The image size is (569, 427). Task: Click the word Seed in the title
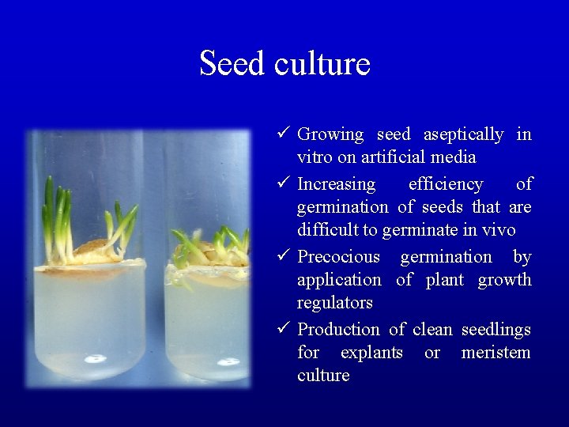click(233, 63)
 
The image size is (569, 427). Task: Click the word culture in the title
click(322, 63)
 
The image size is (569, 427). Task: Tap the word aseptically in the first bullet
click(463, 134)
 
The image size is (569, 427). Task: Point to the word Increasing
click(337, 184)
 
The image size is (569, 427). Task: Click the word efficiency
click(446, 184)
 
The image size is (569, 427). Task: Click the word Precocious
click(338, 257)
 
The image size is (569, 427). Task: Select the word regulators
click(334, 303)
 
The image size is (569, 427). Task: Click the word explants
click(371, 352)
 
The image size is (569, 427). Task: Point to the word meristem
click(496, 352)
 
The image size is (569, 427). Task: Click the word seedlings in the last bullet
click(496, 329)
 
